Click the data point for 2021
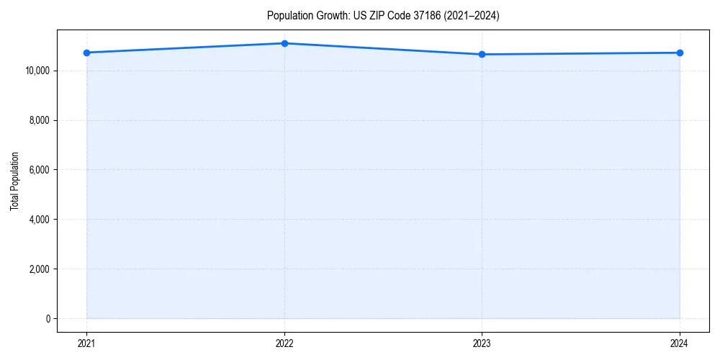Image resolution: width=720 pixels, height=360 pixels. (86, 53)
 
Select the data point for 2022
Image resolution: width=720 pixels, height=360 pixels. (284, 43)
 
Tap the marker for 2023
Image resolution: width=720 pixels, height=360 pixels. (482, 54)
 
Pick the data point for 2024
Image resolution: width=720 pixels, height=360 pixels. (680, 53)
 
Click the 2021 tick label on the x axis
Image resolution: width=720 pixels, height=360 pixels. (86, 343)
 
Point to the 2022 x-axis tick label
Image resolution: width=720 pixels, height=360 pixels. (284, 343)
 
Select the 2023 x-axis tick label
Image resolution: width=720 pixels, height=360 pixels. (482, 343)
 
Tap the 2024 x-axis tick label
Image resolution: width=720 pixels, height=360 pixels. (680, 343)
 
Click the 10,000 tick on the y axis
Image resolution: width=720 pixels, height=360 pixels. (36, 71)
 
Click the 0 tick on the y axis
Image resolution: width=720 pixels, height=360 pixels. (48, 318)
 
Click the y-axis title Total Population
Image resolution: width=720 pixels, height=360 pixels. (14, 181)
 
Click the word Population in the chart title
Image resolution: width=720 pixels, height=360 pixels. (286, 16)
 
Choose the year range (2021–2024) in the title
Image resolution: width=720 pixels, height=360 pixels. (473, 16)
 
